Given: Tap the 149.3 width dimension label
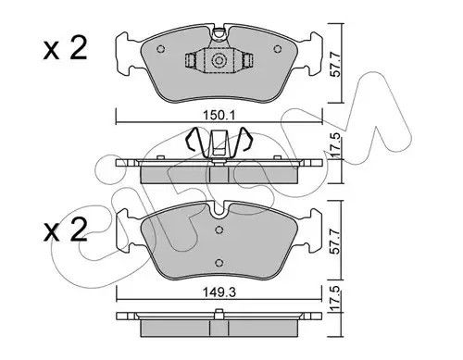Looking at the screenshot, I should pyautogui.click(x=218, y=287).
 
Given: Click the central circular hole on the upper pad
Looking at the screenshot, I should pyautogui.click(x=219, y=62).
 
